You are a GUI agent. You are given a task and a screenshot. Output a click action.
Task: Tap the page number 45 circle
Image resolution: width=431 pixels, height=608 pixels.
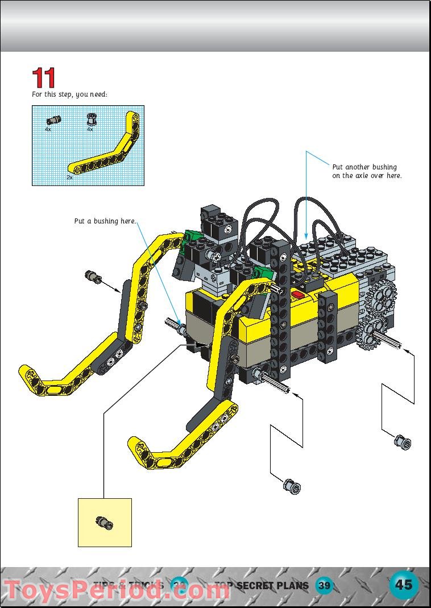[404, 585]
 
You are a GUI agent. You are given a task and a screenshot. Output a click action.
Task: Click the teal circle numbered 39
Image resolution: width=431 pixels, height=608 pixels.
[324, 585]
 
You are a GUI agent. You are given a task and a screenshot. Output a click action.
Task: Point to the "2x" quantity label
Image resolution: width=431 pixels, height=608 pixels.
[69, 177]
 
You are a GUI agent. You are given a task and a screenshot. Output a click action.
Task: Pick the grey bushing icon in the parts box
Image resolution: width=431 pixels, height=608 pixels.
[90, 119]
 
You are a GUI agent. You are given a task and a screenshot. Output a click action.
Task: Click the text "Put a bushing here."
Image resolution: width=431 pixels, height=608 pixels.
[105, 221]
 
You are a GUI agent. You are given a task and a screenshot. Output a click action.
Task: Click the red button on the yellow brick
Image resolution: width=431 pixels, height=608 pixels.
[299, 295]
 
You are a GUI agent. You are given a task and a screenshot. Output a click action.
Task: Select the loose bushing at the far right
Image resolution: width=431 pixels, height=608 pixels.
[403, 441]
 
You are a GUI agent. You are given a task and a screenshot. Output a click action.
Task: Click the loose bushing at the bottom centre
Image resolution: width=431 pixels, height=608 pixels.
[291, 486]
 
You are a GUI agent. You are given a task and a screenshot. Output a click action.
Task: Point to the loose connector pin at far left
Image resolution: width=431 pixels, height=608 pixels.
[93, 277]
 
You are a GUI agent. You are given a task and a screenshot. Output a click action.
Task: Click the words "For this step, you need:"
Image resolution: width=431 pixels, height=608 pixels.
[69, 94]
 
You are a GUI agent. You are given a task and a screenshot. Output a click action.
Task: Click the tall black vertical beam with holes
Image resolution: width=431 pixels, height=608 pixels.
[281, 307]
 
